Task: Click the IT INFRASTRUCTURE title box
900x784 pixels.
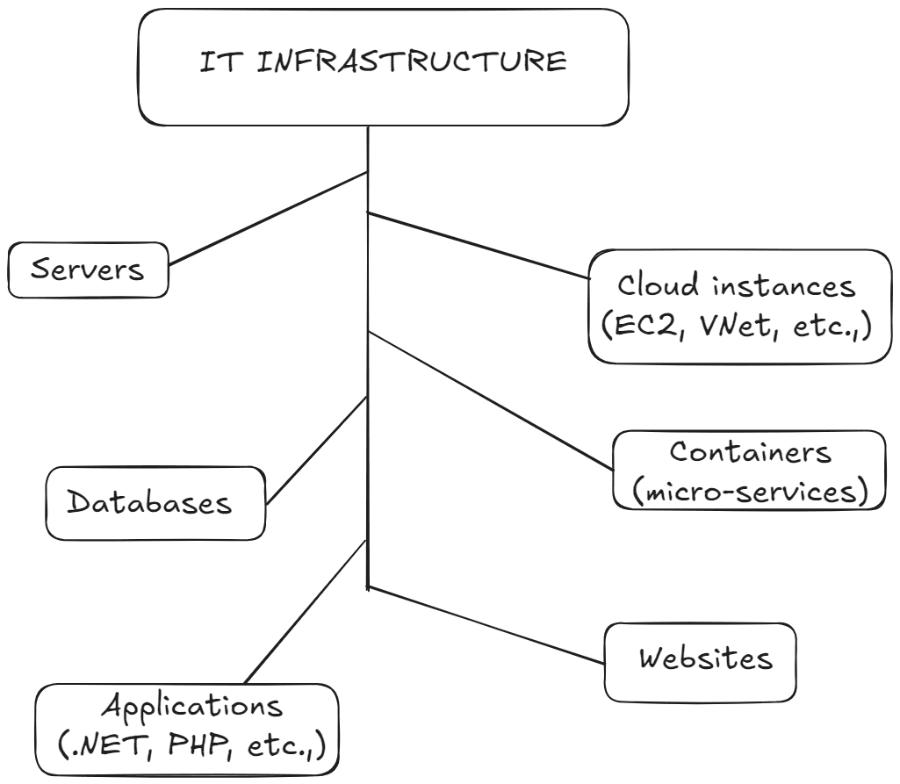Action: [383, 67]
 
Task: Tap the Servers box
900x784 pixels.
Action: [87, 270]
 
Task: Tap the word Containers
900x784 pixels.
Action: [750, 452]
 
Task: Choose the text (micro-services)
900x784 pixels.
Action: [749, 491]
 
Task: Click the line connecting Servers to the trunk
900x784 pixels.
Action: [268, 218]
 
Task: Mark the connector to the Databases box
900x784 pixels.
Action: [316, 450]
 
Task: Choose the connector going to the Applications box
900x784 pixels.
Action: [306, 612]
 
